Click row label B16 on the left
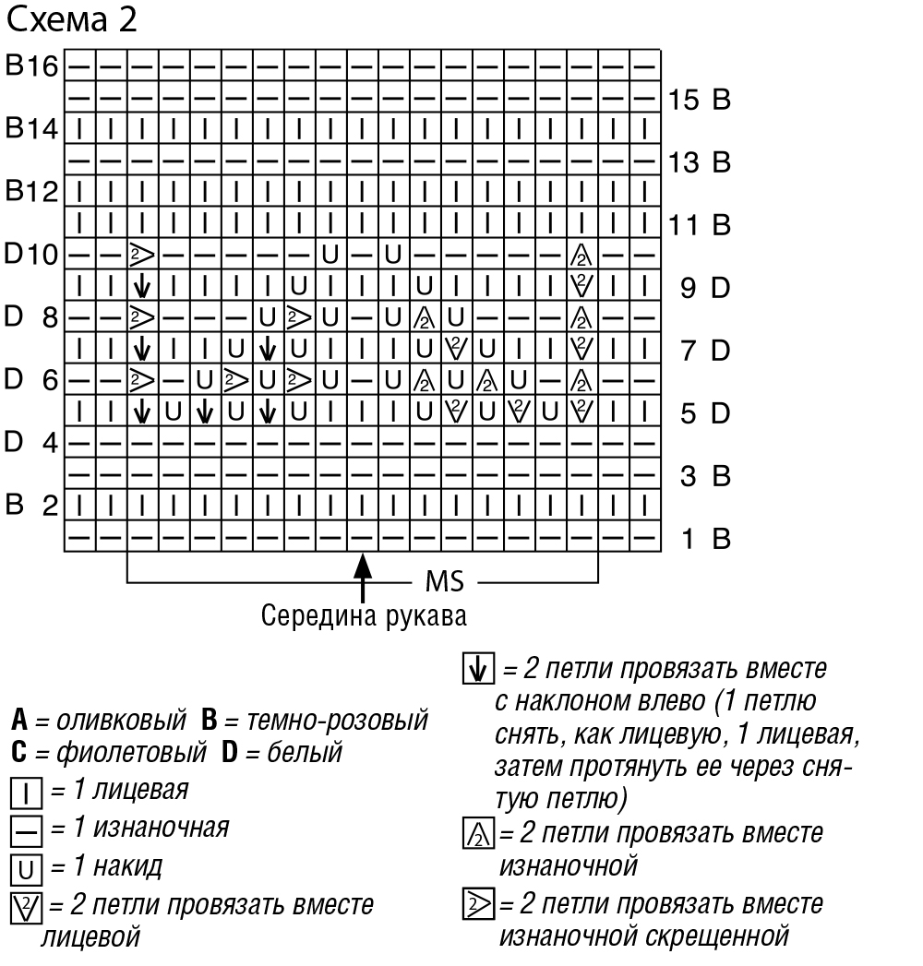(33, 66)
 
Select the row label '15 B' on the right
(700, 99)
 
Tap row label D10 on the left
(33, 254)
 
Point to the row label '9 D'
(706, 287)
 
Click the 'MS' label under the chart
(444, 582)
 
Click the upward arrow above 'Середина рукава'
(365, 576)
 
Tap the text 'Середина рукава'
(364, 614)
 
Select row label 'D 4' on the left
(33, 443)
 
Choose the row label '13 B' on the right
(700, 162)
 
